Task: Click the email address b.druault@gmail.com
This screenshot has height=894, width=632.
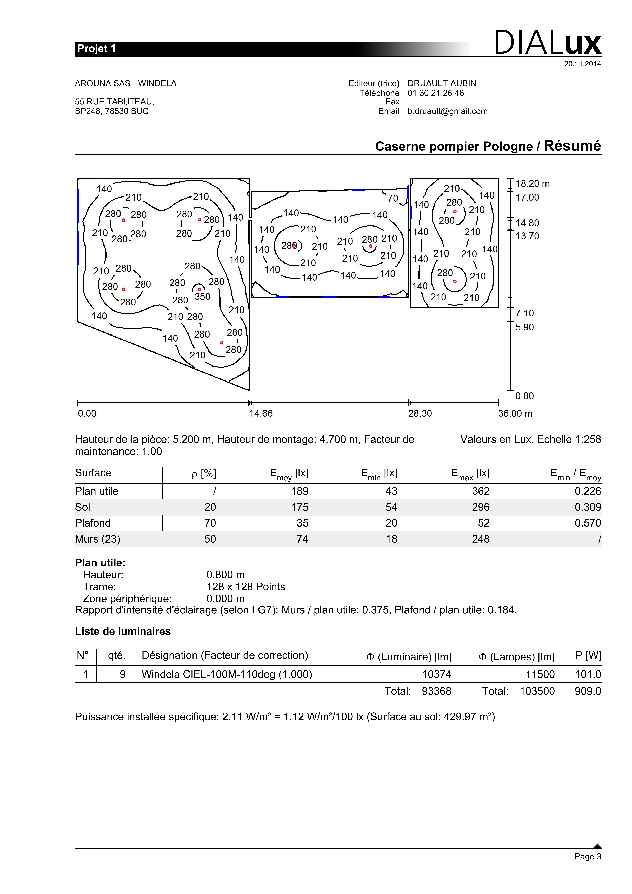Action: [x=447, y=111]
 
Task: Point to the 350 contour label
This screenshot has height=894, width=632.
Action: [x=202, y=297]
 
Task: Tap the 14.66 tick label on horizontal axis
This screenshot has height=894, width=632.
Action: [x=261, y=413]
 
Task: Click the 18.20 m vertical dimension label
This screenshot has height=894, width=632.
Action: [x=532, y=184]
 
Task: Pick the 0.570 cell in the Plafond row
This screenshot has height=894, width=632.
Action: [x=588, y=523]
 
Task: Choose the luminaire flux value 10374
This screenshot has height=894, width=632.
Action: [x=437, y=674]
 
